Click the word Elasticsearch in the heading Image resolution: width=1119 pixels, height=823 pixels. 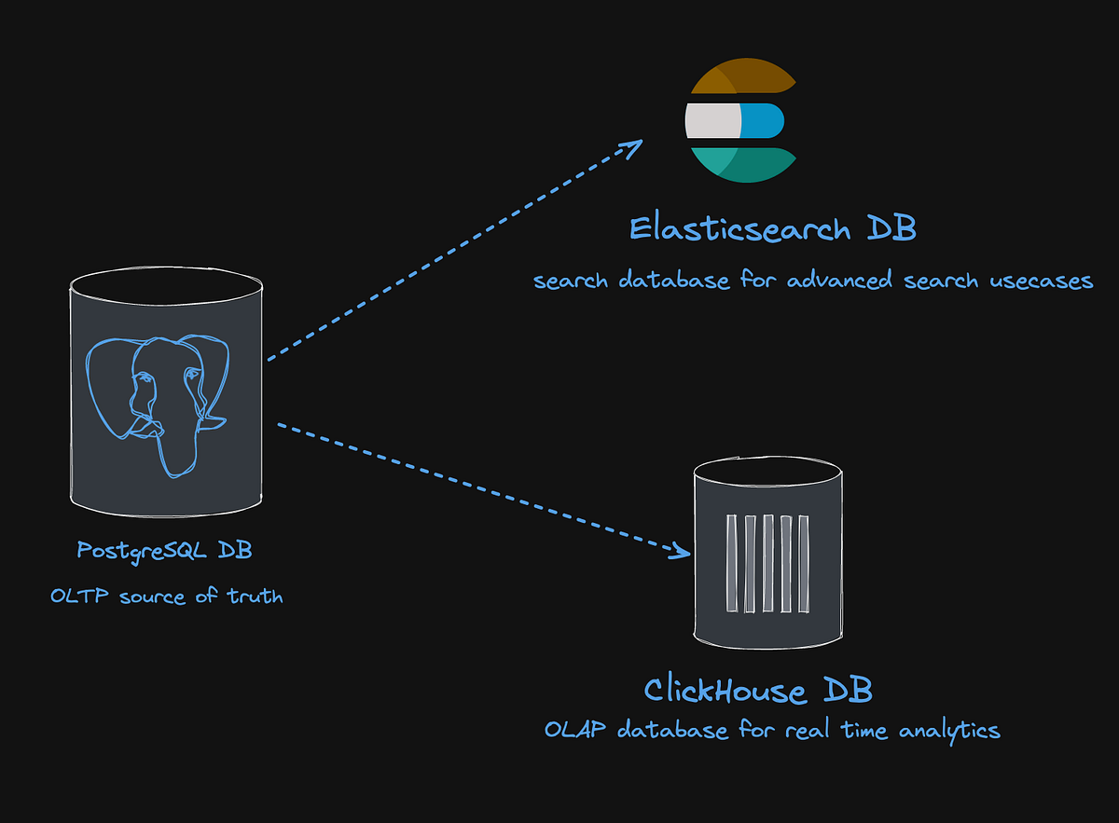pyautogui.click(x=739, y=228)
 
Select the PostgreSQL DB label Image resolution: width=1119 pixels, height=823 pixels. pyautogui.click(x=164, y=551)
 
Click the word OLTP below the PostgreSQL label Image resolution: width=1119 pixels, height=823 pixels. pyautogui.click(x=80, y=596)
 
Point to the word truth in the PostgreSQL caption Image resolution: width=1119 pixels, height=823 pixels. pyautogui.click(x=255, y=596)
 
